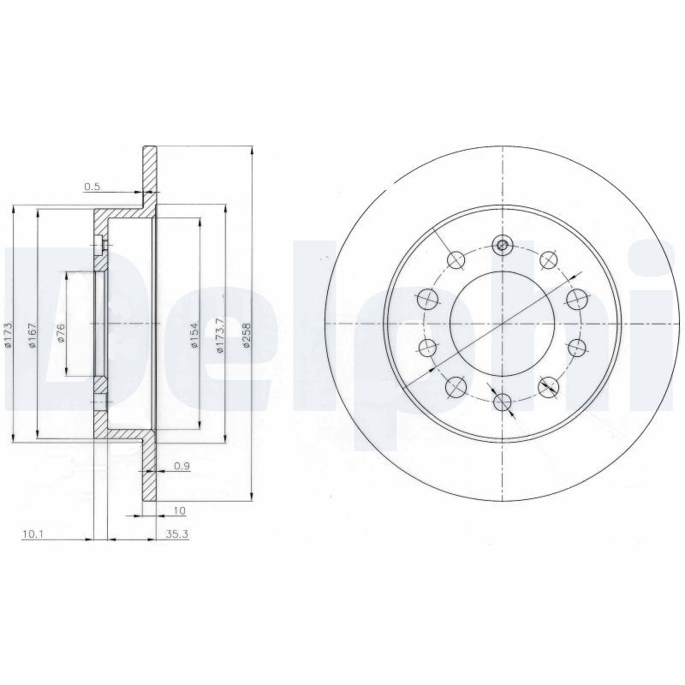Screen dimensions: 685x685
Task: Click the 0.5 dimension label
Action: [x=92, y=187]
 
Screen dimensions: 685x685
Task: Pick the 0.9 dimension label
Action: [x=181, y=466]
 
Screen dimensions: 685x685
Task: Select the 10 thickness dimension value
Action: [x=179, y=511]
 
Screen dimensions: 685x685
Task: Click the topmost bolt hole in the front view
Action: [x=503, y=246]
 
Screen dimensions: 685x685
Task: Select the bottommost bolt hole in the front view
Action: [x=503, y=401]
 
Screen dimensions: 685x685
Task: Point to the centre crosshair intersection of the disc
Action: [x=503, y=324]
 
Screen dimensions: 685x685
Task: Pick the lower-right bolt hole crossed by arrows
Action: [x=549, y=388]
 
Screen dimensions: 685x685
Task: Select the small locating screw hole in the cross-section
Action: [x=99, y=247]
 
